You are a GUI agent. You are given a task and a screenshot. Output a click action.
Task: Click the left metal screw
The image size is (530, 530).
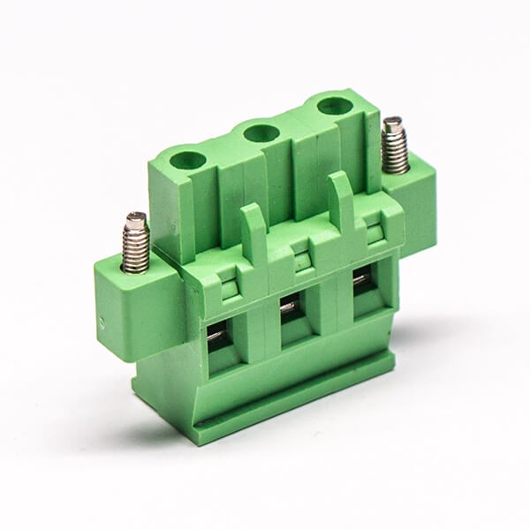click(135, 242)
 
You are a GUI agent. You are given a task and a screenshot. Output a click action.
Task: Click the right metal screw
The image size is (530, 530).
click(394, 145)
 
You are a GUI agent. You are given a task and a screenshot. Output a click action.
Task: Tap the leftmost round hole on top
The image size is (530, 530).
click(187, 160)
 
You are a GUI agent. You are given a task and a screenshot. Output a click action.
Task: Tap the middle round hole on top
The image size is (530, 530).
click(261, 133)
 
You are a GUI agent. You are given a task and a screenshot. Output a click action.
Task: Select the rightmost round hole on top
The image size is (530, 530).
click(335, 106)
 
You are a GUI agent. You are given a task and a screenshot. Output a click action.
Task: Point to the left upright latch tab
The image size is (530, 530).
click(254, 231)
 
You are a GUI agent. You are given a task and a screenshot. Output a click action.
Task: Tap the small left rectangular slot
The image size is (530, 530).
click(229, 286)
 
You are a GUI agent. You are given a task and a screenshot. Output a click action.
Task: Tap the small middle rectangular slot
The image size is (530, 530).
click(303, 262)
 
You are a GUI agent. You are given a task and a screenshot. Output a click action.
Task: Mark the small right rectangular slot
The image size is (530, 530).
click(375, 235)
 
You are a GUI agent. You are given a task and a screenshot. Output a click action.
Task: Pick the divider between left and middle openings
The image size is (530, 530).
click(256, 331)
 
